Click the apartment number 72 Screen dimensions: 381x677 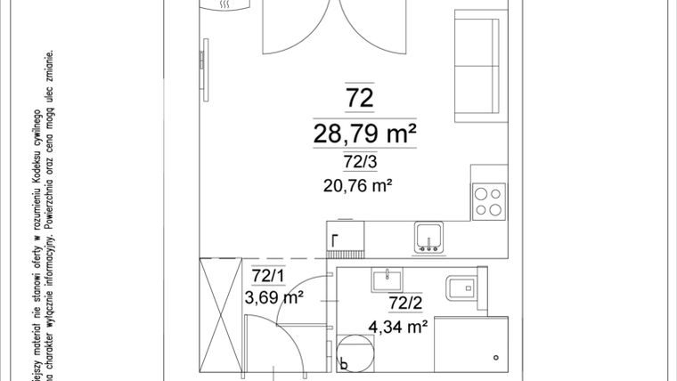[361, 97]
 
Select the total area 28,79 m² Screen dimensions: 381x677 [365, 134]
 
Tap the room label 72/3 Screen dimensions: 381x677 [360, 162]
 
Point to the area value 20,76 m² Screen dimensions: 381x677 [361, 186]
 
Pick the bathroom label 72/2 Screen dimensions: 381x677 [404, 304]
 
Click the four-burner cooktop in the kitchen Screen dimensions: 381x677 [489, 201]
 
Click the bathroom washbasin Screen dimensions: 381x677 [387, 278]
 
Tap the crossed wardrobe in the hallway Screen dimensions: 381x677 [220, 315]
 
